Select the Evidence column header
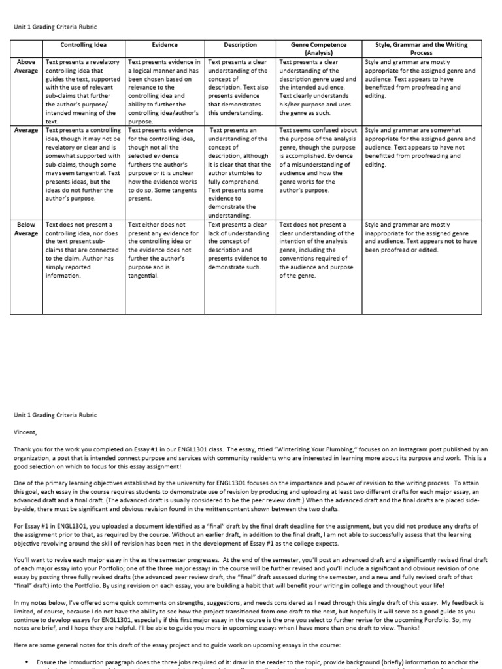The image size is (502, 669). (x=165, y=45)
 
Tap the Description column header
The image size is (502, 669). (x=240, y=45)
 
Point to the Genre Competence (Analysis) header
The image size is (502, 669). (x=319, y=48)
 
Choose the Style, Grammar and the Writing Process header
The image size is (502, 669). (x=421, y=48)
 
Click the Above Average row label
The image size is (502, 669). (x=26, y=66)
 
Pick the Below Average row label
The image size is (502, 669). (x=26, y=229)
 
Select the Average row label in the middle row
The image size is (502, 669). (x=26, y=130)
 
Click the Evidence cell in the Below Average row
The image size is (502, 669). (x=165, y=250)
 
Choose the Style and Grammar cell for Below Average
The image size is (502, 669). (x=421, y=237)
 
